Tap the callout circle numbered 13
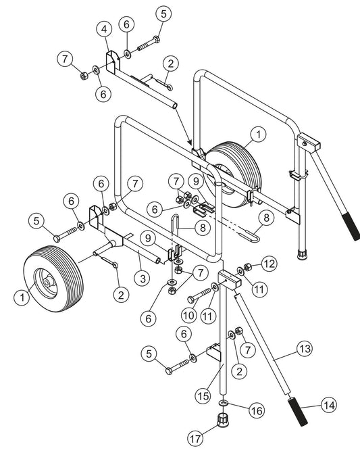(305, 348)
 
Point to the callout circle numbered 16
(257, 410)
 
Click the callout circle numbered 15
(203, 396)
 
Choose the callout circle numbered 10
(188, 315)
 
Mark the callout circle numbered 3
(143, 279)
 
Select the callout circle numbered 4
(104, 29)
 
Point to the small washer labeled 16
(223, 403)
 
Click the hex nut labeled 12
(247, 266)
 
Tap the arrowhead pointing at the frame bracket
(190, 142)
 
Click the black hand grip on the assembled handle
(351, 226)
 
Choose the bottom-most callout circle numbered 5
(149, 354)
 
